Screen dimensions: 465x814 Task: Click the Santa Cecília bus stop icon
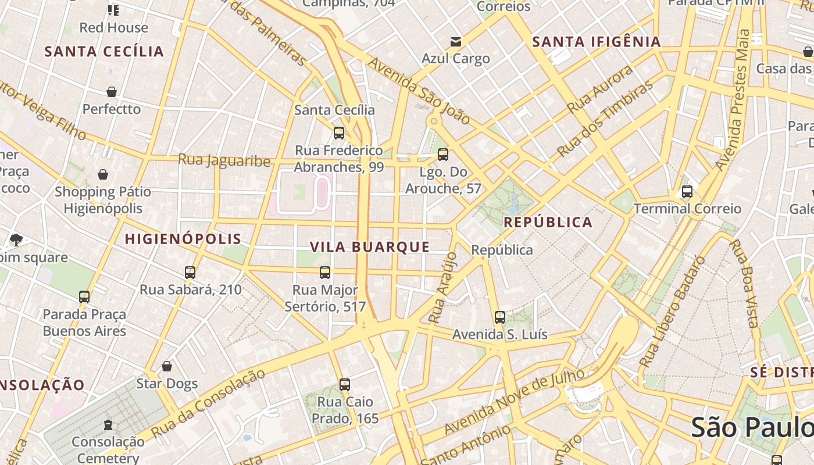pos(339,133)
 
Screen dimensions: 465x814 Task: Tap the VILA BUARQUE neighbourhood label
pos(370,247)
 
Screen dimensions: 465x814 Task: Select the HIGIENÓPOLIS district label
pos(183,239)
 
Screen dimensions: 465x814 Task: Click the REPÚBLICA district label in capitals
pos(548,222)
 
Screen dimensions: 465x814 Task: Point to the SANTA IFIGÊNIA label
pos(597,42)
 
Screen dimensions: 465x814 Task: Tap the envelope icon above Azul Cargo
pos(456,42)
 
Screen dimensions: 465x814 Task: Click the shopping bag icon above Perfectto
pos(112,92)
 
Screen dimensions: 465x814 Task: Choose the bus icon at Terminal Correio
pos(687,191)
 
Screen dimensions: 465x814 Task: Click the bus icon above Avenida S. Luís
pos(500,317)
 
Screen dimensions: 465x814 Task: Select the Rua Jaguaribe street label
pos(224,160)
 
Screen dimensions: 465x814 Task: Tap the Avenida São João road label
pos(419,91)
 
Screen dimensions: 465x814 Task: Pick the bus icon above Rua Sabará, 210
pos(190,272)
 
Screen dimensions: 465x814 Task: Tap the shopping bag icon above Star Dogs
pos(167,366)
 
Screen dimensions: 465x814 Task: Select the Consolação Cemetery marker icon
pos(108,425)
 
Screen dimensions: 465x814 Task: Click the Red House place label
pos(113,27)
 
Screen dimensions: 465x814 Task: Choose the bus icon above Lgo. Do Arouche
pos(443,155)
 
